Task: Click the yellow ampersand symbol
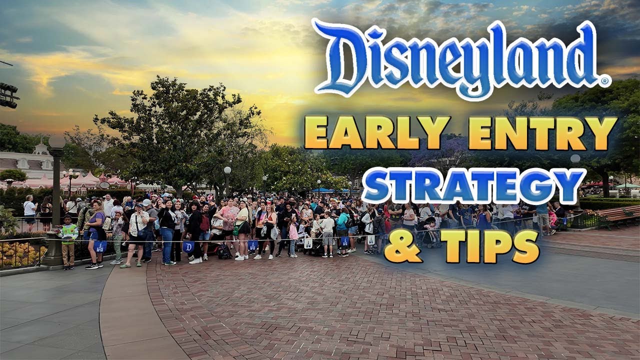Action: pyautogui.click(x=403, y=246)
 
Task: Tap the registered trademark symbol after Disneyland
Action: pyautogui.click(x=605, y=80)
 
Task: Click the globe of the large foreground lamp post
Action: pyautogui.click(x=56, y=142)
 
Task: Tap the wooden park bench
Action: pyautogui.click(x=617, y=216)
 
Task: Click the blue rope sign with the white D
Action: pyautogui.click(x=188, y=246)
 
